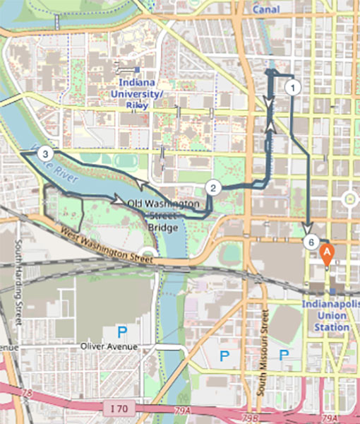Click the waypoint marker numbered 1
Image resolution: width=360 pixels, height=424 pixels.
(x=293, y=87)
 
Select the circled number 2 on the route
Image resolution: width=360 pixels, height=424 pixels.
(x=213, y=187)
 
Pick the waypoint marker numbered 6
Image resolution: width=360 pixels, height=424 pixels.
(x=312, y=242)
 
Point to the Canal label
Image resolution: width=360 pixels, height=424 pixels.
(x=265, y=9)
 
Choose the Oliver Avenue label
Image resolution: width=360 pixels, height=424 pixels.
(x=107, y=347)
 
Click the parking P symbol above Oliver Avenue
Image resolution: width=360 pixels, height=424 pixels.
(x=122, y=331)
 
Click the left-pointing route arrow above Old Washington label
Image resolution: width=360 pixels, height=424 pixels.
(x=143, y=187)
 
